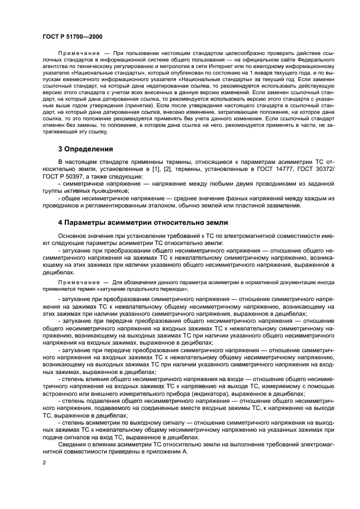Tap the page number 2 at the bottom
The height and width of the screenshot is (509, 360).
[45, 463]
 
